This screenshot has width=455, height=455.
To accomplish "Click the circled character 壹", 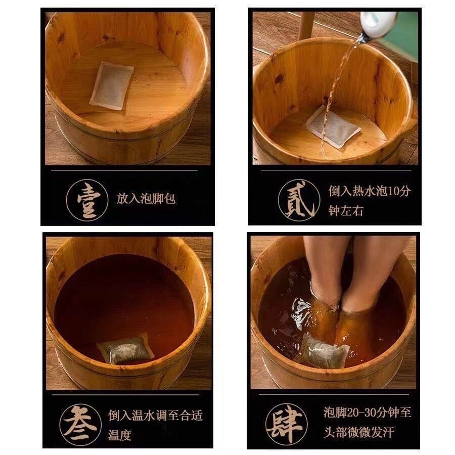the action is pos(87,200).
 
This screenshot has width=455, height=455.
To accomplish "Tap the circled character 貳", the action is pos(299,200).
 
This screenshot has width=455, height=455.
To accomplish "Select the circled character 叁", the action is pos(80,425).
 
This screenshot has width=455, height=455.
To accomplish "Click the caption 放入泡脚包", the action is pos(146,199).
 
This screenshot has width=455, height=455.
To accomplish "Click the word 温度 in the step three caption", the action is pos(120,435).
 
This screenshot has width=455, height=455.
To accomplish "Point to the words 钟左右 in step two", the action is pos(346,211).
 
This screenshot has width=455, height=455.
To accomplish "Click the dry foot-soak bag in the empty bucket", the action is pos(111,85).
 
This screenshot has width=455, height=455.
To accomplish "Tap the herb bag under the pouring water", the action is pos(333,126).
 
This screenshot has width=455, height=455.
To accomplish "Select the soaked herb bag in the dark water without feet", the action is pos(125,349).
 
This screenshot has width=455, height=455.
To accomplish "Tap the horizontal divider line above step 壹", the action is pos(124,170).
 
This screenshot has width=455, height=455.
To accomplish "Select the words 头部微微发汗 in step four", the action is pos(358,432).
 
